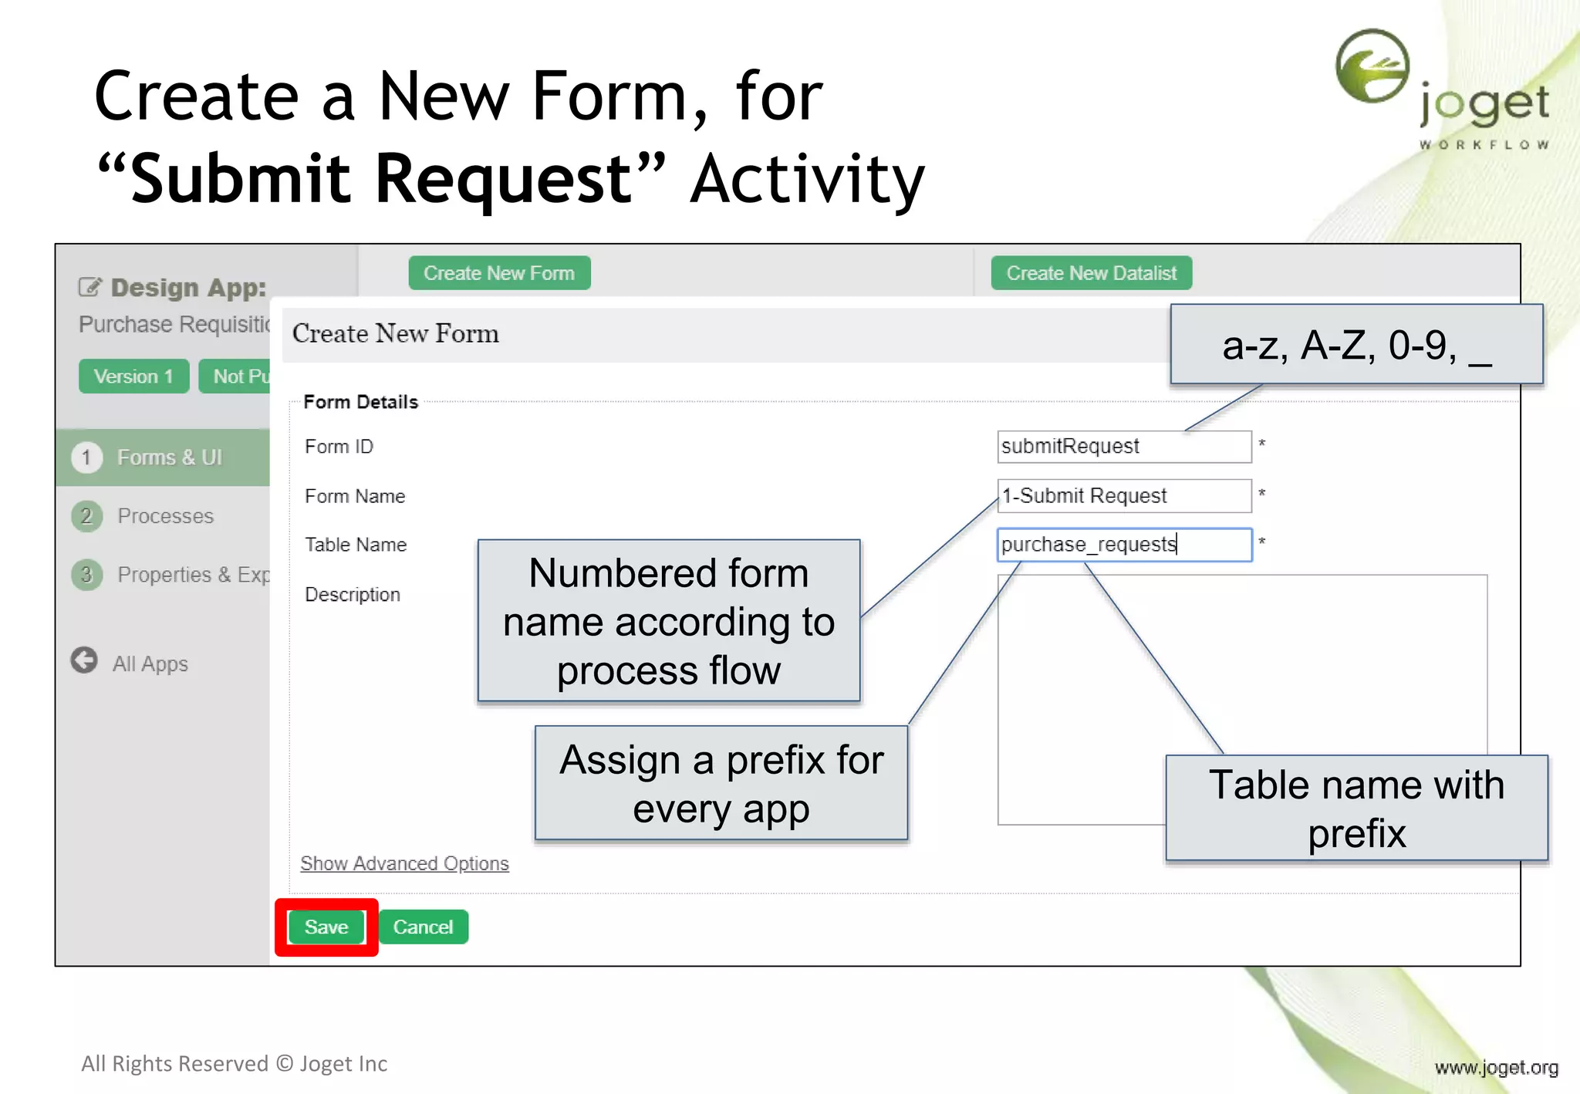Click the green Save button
[326, 927]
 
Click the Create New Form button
[499, 273]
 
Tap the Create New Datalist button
[1091, 273]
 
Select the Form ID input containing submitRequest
[1123, 447]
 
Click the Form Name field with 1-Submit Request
[1123, 495]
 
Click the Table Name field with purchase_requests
[1123, 545]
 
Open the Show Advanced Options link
[404, 863]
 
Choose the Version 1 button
[133, 376]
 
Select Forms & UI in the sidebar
[169, 458]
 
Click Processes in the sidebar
[165, 516]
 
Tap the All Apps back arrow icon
[84, 660]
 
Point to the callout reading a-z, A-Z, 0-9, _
[1355, 345]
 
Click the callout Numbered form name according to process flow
[668, 621]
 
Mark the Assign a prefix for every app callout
[721, 783]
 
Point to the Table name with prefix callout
[1355, 808]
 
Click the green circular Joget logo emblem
[1372, 66]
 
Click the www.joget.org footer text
[1496, 1068]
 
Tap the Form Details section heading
[360, 402]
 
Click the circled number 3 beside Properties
[86, 575]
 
